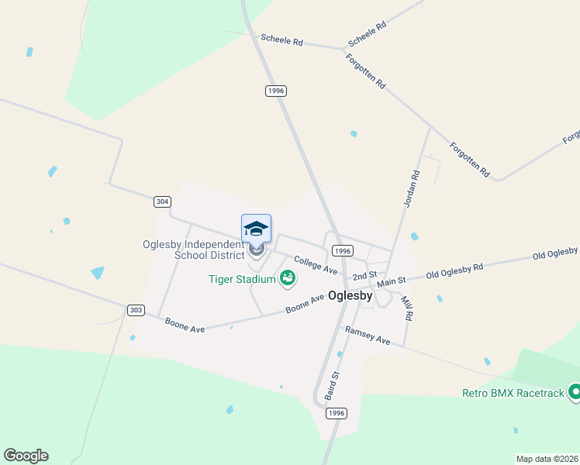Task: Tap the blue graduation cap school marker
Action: (256, 229)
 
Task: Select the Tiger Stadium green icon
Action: (288, 277)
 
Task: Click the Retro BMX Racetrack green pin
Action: (575, 392)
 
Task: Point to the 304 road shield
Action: (161, 201)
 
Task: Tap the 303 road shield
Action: (136, 310)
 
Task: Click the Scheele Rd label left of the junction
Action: (281, 40)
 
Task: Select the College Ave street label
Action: (315, 265)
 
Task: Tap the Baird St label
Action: (334, 385)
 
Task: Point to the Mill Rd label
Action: (406, 307)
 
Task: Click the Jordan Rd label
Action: (411, 188)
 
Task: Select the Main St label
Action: (391, 284)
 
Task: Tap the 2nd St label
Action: (364, 275)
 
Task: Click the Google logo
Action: (26, 456)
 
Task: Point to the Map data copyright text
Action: (547, 459)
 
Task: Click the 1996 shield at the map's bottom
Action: (336, 414)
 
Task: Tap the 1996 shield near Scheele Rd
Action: (276, 91)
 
